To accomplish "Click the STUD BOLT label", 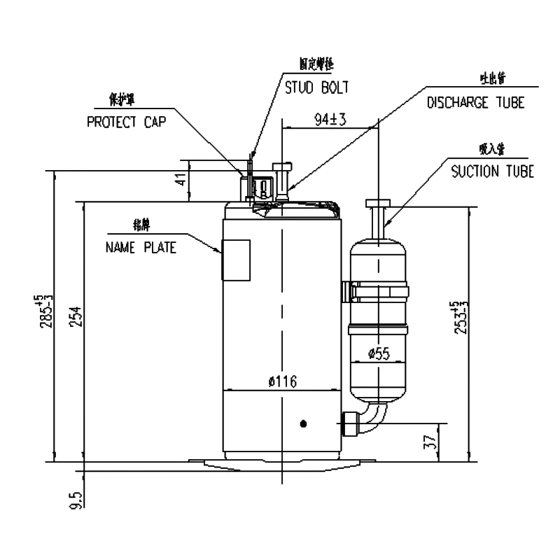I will point(315,87).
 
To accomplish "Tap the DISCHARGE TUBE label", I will point(475,102).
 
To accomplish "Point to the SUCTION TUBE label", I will point(492,171).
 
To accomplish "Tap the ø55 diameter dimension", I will point(378,353).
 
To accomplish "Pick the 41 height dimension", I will point(181,178).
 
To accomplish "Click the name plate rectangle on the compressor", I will point(236,260).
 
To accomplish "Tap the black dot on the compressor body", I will point(302,423).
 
